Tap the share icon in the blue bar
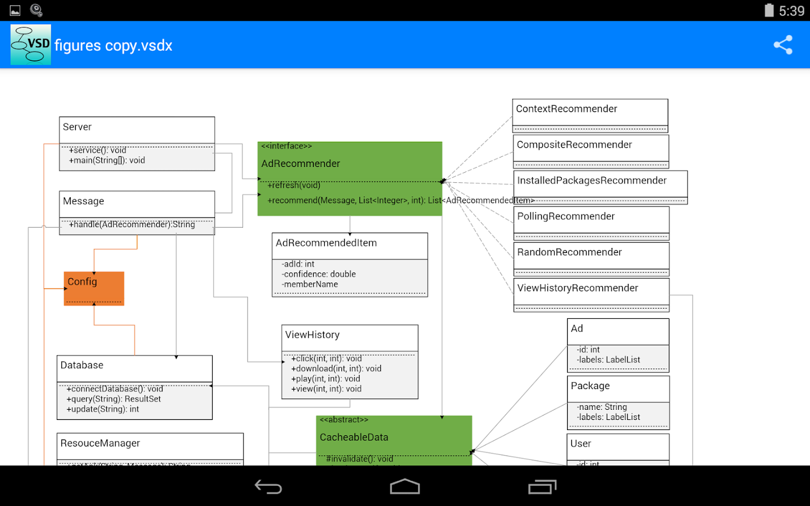783,45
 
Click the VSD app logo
31,44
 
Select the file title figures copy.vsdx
113,46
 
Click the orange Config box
94,288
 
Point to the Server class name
77,127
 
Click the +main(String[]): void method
107,161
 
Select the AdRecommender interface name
300,164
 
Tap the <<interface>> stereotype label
286,146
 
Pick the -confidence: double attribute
318,274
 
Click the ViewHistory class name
312,335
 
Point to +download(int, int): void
336,369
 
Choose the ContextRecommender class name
566,109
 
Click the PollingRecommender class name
566,216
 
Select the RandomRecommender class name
569,252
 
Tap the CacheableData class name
354,437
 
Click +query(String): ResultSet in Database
114,399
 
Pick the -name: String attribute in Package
601,407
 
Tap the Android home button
405,487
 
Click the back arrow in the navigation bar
268,487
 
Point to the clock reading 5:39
791,11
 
